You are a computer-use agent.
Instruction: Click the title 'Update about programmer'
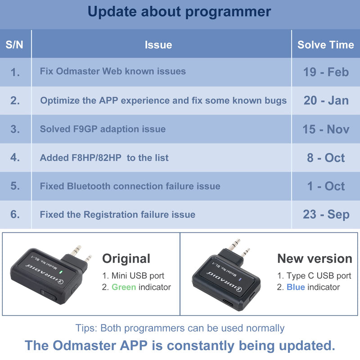point(180,12)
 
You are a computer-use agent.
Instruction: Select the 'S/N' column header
point(15,45)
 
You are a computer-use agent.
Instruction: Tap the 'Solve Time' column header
point(325,45)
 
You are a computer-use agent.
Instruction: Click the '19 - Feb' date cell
point(326,72)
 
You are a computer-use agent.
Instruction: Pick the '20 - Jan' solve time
point(326,100)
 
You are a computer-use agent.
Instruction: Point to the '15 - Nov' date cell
point(326,129)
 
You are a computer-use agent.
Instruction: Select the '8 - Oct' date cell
point(326,158)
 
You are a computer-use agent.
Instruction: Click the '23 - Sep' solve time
point(326,215)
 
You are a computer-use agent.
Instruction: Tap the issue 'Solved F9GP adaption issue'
point(103,129)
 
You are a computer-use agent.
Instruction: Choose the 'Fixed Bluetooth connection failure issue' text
point(130,186)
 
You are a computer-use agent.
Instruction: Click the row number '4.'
point(15,158)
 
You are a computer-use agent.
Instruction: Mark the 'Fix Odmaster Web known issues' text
point(112,72)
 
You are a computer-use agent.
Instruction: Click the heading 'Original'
point(126,259)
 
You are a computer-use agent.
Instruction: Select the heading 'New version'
point(315,259)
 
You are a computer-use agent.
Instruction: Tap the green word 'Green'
point(124,287)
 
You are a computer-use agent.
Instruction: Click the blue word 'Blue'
point(296,287)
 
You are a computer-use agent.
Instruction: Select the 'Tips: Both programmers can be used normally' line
point(180,328)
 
